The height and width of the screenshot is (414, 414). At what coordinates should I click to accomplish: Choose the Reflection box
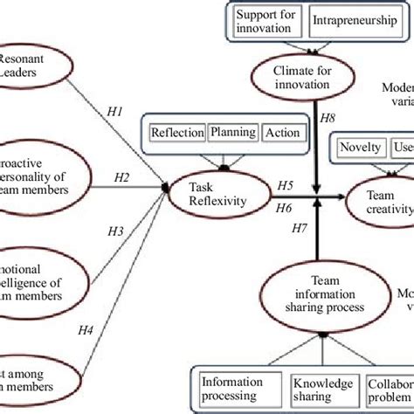click(176, 134)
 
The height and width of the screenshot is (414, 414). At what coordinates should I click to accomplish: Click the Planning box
click(232, 133)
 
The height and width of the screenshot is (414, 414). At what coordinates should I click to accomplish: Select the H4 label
click(85, 330)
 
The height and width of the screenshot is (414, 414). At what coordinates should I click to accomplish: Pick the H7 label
click(298, 253)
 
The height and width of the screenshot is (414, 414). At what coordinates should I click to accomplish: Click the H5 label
click(285, 184)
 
